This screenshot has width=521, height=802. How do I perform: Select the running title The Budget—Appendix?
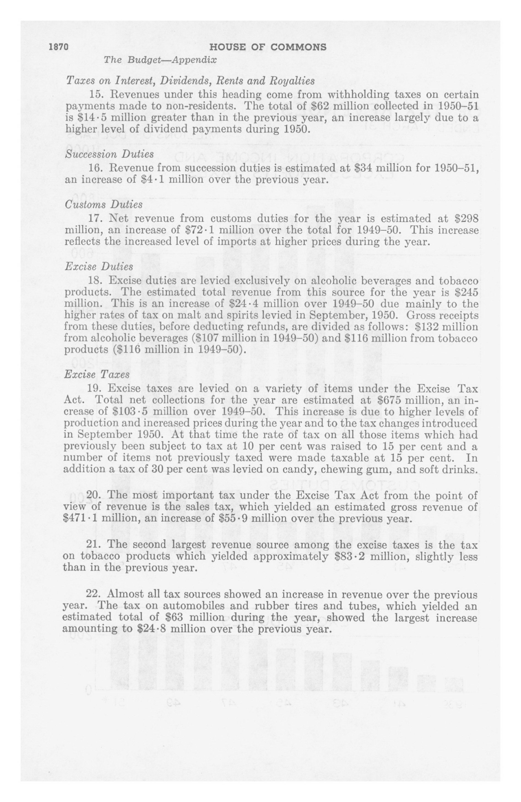tap(160, 60)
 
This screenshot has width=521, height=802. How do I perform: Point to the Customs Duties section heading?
tap(104, 205)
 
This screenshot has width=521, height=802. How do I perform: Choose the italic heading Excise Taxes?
tap(97, 374)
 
